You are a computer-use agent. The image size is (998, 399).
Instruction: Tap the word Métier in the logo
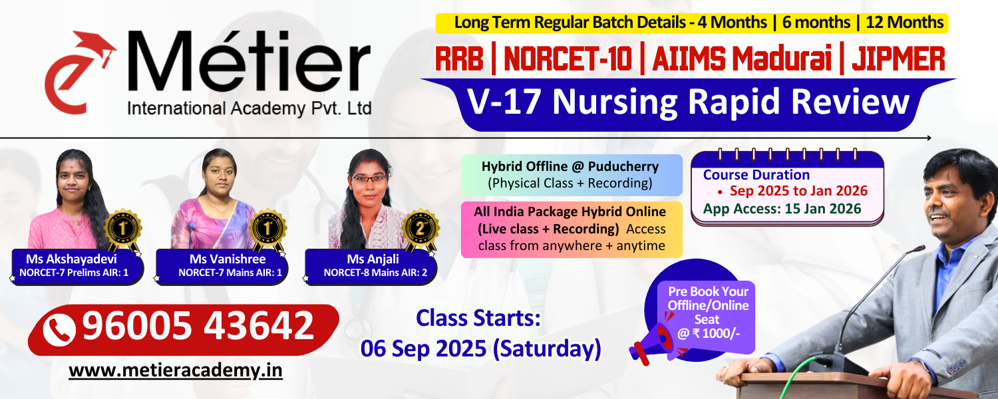[x=249, y=61]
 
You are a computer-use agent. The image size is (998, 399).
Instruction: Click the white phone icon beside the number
[x=59, y=330]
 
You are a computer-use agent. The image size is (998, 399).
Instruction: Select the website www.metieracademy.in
[x=176, y=370]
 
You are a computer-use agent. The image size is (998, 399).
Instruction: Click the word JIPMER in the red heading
[x=898, y=59]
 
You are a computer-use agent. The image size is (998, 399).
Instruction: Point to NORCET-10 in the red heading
[x=568, y=59]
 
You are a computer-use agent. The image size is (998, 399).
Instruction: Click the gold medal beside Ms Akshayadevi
[x=123, y=229]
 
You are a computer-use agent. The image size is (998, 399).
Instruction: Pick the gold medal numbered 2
[x=420, y=229]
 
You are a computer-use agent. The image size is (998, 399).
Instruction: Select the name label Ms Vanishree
[x=228, y=259]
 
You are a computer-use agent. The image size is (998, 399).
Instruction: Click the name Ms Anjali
[x=373, y=259]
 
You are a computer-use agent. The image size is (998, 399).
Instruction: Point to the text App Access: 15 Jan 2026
[x=782, y=209]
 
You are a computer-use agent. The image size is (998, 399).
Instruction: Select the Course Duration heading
[x=756, y=174]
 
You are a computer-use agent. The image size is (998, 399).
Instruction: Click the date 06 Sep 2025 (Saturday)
[x=481, y=348]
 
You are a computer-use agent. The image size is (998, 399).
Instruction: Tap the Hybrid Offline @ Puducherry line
[x=570, y=166]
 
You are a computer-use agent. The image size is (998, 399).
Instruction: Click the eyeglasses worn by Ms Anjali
[x=369, y=179]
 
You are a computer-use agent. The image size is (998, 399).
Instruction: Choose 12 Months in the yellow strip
[x=904, y=22]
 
